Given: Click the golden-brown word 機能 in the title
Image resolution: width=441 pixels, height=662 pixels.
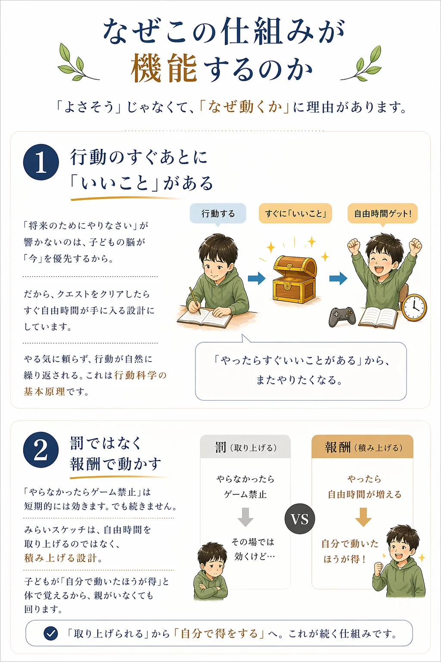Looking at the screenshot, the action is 164,69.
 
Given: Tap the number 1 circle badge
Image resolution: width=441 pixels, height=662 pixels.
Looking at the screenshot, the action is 41,162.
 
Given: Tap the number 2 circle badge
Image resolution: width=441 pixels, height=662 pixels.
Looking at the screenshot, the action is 41,450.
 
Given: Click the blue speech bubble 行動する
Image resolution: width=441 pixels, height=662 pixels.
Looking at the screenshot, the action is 218,213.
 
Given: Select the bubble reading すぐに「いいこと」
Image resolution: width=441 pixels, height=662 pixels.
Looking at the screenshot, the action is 295,213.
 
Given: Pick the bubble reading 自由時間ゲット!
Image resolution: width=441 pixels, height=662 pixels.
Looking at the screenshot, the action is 382,213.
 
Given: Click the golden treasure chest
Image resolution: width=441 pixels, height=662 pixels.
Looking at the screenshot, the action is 295,278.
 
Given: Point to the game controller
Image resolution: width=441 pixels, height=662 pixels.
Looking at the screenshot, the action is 342,316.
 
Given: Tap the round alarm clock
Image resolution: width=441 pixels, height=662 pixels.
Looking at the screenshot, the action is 414,307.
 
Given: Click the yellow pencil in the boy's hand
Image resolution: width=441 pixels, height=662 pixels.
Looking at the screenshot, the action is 195,300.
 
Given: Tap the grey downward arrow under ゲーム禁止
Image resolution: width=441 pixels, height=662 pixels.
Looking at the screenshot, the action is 245,517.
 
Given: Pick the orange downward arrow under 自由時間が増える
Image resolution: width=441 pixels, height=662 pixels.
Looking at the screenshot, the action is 363,517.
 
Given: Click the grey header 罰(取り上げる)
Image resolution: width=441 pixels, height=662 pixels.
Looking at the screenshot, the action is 245,447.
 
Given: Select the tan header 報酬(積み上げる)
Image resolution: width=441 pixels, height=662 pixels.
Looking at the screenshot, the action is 363,447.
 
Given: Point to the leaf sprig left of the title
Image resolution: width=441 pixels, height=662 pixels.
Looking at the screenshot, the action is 78,62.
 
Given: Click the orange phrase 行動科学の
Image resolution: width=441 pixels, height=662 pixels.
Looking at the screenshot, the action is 140,375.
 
